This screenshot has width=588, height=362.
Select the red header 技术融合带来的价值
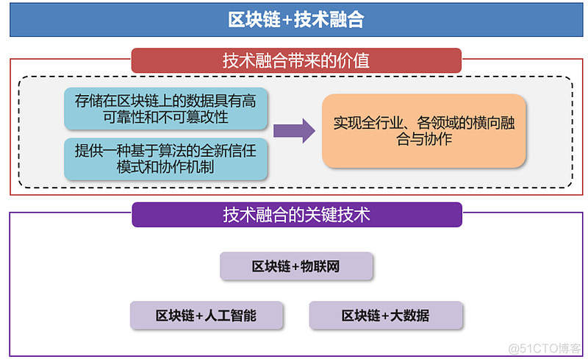(295, 60)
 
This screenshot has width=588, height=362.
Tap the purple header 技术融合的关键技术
(295, 215)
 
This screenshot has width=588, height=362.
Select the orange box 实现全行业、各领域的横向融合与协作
(424, 131)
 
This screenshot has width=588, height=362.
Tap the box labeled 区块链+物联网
(295, 266)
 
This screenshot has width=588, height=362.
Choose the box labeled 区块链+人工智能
(206, 316)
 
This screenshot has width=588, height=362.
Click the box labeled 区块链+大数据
(385, 316)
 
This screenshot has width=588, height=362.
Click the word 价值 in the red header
(354, 60)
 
